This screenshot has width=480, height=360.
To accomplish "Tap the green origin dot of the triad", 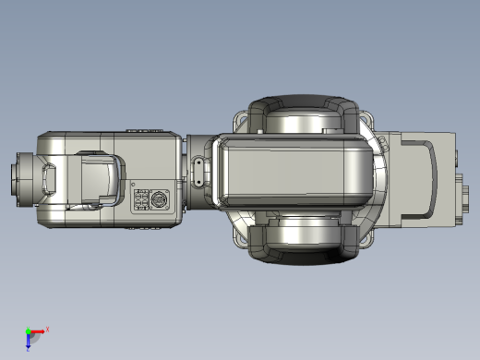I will coord(28,331).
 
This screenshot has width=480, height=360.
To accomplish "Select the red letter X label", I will coord(47,329).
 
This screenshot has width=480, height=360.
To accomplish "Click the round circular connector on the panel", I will coord(160,198).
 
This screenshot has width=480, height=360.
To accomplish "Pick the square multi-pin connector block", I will coord(142,199).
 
